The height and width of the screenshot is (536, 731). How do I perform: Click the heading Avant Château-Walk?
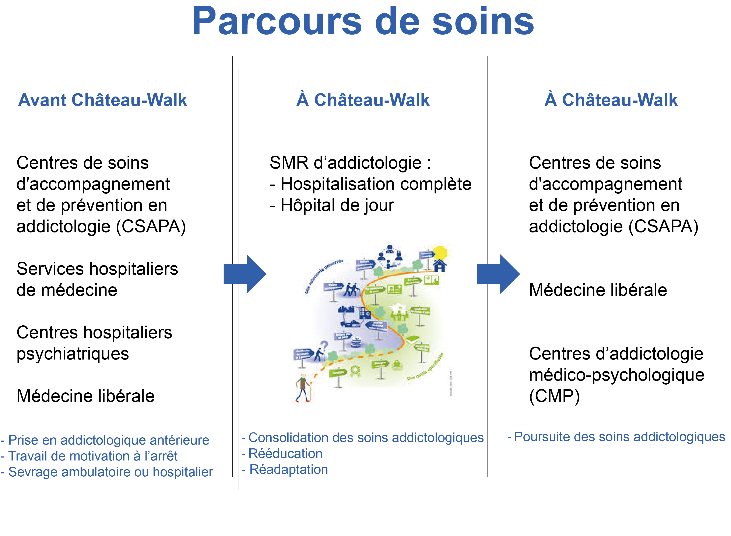[102, 100]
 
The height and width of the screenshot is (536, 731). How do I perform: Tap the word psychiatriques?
[73, 354]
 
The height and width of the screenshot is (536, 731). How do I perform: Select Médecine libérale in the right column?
[598, 290]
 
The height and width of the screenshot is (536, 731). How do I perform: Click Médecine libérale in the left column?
[85, 396]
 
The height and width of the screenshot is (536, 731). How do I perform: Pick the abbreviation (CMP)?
[554, 396]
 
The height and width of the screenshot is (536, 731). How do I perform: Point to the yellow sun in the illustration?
[440, 253]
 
